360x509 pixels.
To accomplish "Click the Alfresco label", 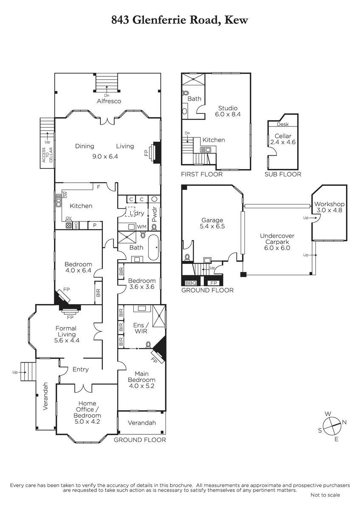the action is coord(109,101).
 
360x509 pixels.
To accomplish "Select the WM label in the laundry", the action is coord(142,227).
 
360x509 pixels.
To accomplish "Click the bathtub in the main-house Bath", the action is coord(154,247).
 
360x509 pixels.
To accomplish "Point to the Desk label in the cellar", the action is coord(283,124).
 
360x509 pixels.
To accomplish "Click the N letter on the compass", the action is coord(344,422).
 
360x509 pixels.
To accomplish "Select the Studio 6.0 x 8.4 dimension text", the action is coord(228,114).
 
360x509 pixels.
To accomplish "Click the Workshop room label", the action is coord(329,204).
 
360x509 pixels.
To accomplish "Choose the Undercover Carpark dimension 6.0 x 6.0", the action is coord(277,248).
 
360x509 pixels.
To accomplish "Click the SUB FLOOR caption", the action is coord(283,174).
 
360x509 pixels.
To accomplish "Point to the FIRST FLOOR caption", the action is coord(202,174).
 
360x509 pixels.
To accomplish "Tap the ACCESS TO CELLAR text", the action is coord(47,155).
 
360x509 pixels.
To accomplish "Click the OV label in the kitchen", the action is coord(68,218).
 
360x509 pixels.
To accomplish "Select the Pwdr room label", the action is coord(155,214).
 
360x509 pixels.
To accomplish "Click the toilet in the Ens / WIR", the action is coord(148,345).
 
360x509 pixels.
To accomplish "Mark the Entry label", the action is coord(81,369).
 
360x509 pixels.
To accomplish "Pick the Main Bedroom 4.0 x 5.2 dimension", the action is coord(142,386).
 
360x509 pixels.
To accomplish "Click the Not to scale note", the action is coord(325,495).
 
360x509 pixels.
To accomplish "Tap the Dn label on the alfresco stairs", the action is coord(107,95).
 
